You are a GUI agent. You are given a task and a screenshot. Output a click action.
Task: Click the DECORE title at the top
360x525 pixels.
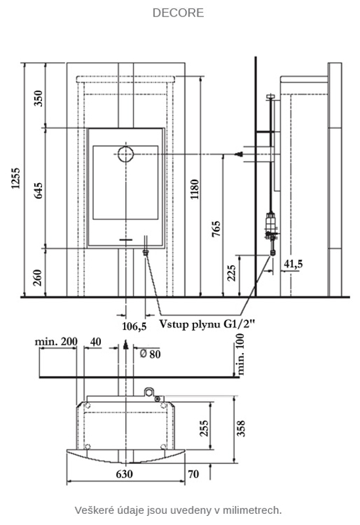click(178, 12)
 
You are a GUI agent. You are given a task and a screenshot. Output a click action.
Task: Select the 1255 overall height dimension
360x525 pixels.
click(16, 178)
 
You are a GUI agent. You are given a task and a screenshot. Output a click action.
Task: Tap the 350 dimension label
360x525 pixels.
click(39, 98)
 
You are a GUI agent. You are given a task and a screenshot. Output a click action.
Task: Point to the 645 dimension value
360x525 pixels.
click(39, 190)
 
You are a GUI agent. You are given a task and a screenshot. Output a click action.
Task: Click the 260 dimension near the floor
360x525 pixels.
click(39, 278)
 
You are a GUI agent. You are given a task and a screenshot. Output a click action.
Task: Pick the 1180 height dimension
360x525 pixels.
click(194, 190)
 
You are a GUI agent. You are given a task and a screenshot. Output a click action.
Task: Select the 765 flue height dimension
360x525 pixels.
click(216, 229)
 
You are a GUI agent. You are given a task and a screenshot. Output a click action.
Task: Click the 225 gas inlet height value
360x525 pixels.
click(231, 273)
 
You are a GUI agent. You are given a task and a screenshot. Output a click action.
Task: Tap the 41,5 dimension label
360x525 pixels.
click(293, 264)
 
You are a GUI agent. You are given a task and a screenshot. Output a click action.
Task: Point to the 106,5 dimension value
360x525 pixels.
click(134, 325)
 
